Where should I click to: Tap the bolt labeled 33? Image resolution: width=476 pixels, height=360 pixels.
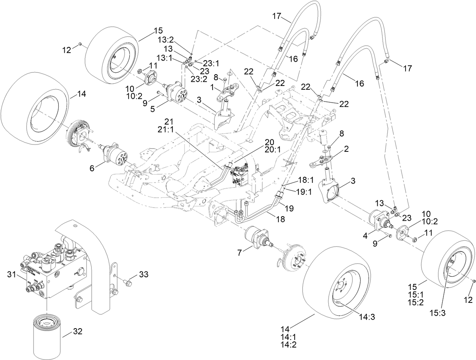point(126,282)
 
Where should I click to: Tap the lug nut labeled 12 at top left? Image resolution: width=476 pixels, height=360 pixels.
point(81,45)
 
